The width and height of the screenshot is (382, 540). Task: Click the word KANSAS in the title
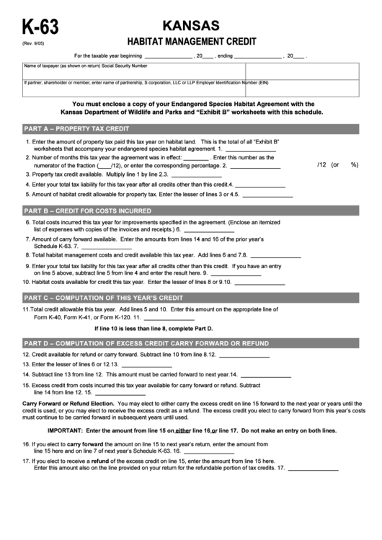point(191,25)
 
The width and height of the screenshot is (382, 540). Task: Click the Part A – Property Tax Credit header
point(76,128)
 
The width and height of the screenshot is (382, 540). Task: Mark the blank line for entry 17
point(312,469)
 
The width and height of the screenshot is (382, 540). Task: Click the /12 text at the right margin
point(321,164)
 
